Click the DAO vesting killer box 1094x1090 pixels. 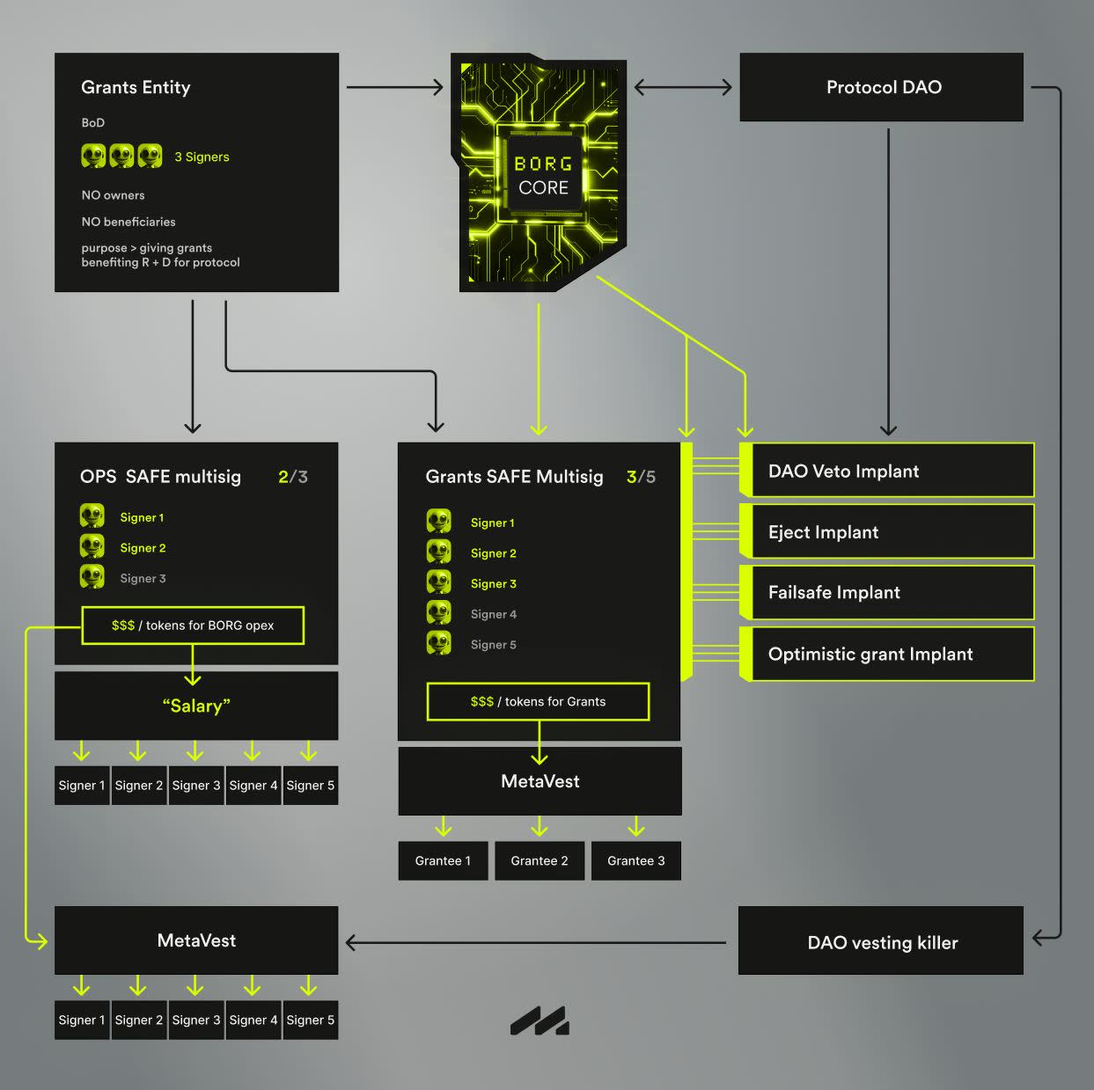tap(881, 941)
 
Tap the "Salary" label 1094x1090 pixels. tap(195, 706)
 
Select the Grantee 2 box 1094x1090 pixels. tap(540, 860)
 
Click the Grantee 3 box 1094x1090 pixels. tap(635, 860)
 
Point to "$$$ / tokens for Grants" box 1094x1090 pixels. tap(538, 701)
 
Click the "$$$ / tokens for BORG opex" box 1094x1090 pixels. tap(193, 625)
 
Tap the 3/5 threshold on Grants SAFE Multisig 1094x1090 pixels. tap(641, 477)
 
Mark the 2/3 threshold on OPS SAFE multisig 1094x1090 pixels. tap(293, 477)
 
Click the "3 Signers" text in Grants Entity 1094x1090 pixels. tap(202, 157)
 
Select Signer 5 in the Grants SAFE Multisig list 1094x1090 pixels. tap(493, 645)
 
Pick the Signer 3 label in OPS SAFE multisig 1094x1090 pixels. tap(143, 578)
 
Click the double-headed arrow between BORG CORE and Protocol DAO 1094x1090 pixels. tap(683, 87)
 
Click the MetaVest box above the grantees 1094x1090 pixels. tap(540, 781)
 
